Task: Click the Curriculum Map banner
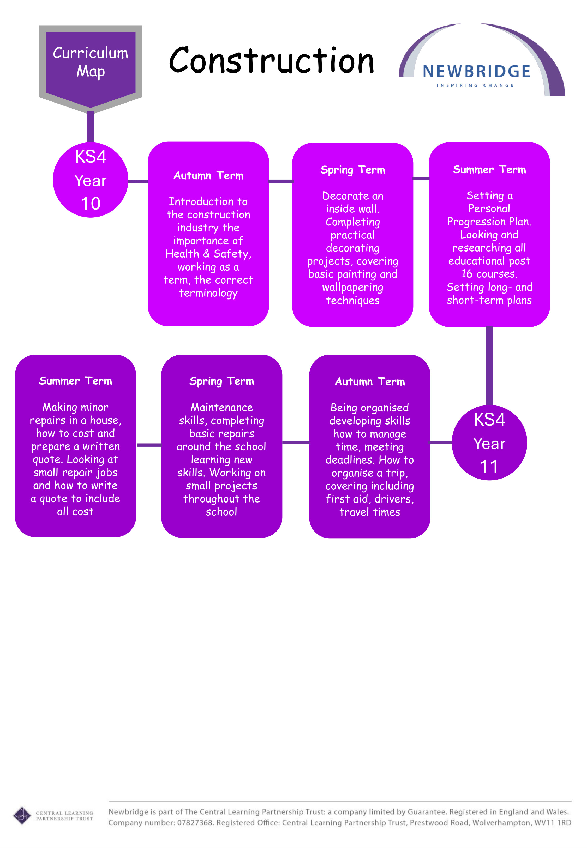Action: coord(91,63)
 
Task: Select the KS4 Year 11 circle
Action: coord(489,443)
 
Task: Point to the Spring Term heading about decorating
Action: coord(352,170)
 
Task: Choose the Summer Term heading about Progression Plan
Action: coord(489,170)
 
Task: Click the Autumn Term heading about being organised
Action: coord(370,382)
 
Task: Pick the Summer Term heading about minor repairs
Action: coord(75,381)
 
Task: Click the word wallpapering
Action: coord(352,288)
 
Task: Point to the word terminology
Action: coord(208,293)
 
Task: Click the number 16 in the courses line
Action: coord(467,274)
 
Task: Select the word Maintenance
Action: coord(221,408)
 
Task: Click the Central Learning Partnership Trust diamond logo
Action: coord(22,816)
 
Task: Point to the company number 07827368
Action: coord(195,823)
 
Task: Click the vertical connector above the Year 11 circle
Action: coord(489,366)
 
